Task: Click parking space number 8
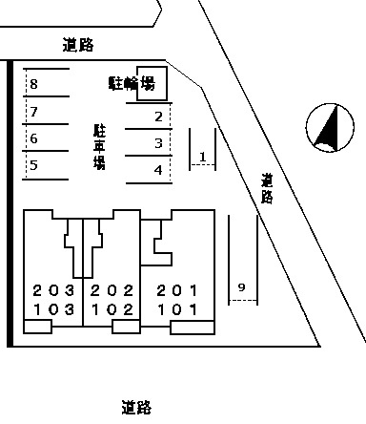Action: (34, 85)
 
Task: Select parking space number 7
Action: (34, 112)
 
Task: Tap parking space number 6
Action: (34, 138)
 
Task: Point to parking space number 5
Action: (34, 165)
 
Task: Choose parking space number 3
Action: (159, 143)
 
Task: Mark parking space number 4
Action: (159, 170)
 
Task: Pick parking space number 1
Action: (202, 156)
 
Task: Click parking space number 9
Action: (241, 287)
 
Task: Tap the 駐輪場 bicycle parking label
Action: (132, 84)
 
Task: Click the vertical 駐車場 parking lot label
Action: (98, 146)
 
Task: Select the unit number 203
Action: (52, 290)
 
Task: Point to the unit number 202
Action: (111, 290)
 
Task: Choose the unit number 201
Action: (177, 290)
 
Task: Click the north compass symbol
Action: (329, 128)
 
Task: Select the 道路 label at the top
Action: (80, 45)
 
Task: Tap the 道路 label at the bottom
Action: (137, 408)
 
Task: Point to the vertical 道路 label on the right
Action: (267, 189)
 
